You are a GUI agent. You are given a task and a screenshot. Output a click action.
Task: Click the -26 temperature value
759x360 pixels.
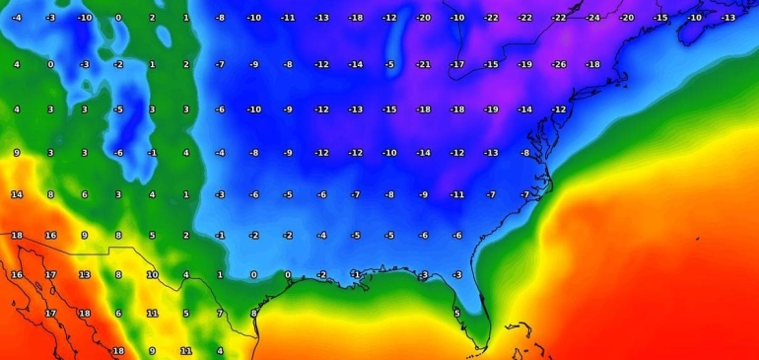pos(558,64)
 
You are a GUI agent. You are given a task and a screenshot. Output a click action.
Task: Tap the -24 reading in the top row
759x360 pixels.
pos(592,18)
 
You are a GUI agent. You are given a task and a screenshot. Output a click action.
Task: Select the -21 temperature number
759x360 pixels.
pos(423,64)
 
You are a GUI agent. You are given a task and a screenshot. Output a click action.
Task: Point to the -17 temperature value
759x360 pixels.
pos(456,64)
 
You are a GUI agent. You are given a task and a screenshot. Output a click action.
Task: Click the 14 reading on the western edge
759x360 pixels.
pos(17,194)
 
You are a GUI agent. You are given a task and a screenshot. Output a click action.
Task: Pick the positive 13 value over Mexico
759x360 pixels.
pos(85,274)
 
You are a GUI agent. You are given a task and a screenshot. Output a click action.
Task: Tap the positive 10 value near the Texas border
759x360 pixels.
pos(152,274)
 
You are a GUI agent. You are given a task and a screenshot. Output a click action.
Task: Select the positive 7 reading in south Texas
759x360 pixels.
pos(220,313)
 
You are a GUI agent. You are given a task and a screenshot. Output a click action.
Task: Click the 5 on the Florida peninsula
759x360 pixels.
pos(456,313)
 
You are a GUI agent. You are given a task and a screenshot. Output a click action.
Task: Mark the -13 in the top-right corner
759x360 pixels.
pos(727,18)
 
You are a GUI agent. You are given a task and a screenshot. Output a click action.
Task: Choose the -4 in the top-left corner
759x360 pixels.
pos(17,18)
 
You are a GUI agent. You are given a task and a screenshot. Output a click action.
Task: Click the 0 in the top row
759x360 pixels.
pos(118,18)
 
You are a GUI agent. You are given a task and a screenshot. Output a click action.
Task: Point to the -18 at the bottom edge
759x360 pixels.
pos(118,350)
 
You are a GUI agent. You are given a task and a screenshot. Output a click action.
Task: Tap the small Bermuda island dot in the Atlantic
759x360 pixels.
pos(697,238)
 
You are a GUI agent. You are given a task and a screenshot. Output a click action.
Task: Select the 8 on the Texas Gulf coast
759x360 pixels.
pos(253,313)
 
